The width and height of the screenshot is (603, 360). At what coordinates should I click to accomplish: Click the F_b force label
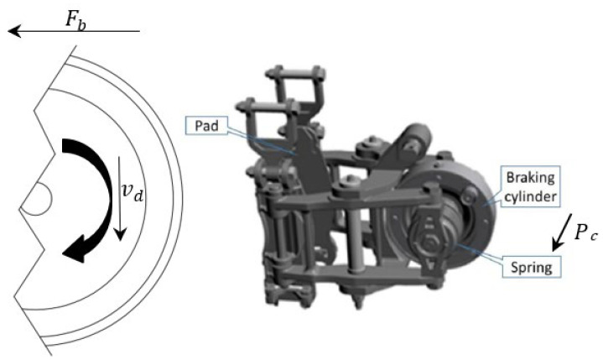pos(75,19)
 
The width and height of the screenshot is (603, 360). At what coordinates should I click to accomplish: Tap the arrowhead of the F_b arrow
pos(14,31)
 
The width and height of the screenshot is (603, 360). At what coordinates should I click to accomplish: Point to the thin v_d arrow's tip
pos(121,239)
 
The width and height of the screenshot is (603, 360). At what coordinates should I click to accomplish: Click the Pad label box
pos(207,126)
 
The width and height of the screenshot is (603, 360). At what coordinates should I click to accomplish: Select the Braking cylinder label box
pos(531,187)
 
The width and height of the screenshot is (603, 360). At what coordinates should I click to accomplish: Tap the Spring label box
pos(532,268)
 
